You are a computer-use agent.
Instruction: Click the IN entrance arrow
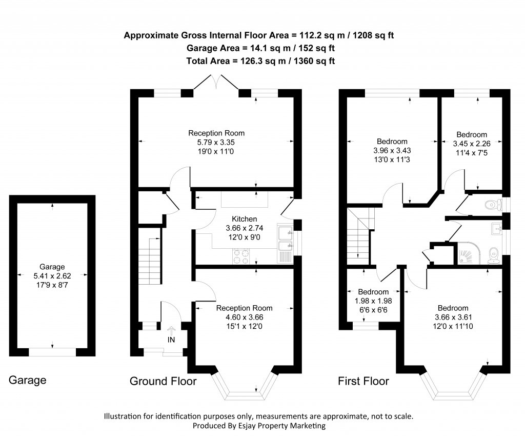pyautogui.click(x=171, y=332)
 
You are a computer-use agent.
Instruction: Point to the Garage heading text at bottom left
pyautogui.click(x=28, y=380)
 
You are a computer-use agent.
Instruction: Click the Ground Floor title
pyautogui.click(x=163, y=381)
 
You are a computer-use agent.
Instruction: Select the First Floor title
pyautogui.click(x=363, y=381)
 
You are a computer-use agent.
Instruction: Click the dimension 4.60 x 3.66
pyautogui.click(x=244, y=317)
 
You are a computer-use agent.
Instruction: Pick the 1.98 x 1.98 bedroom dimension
pyautogui.click(x=373, y=300)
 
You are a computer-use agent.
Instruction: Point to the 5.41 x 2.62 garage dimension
pyautogui.click(x=52, y=275)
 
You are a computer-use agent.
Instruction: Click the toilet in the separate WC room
pyautogui.click(x=493, y=205)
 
